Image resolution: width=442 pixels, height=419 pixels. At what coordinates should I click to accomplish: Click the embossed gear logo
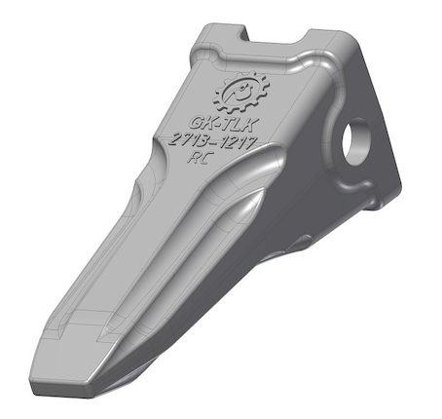(240, 92)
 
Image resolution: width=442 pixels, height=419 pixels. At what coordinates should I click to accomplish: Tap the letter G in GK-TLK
(197, 123)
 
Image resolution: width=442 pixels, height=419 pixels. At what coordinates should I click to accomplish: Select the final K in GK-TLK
(251, 126)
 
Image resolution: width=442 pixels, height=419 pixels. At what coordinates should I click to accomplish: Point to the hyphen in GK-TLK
(215, 124)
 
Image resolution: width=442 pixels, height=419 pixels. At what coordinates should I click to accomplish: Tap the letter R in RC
(195, 158)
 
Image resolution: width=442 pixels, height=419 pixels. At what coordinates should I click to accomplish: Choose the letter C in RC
(206, 159)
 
